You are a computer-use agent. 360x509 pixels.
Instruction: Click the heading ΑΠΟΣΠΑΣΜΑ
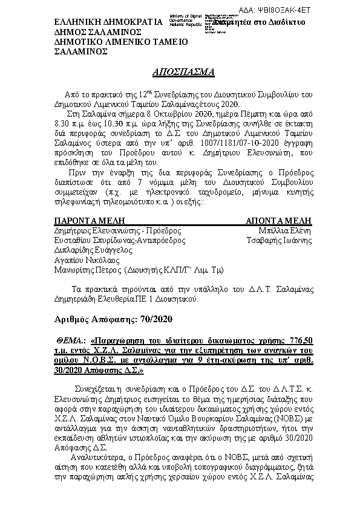(x=180, y=72)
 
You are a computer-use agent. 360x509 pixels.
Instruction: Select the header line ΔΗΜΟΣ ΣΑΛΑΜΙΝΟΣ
(x=98, y=32)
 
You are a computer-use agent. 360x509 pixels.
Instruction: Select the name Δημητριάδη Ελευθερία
(x=93, y=298)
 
